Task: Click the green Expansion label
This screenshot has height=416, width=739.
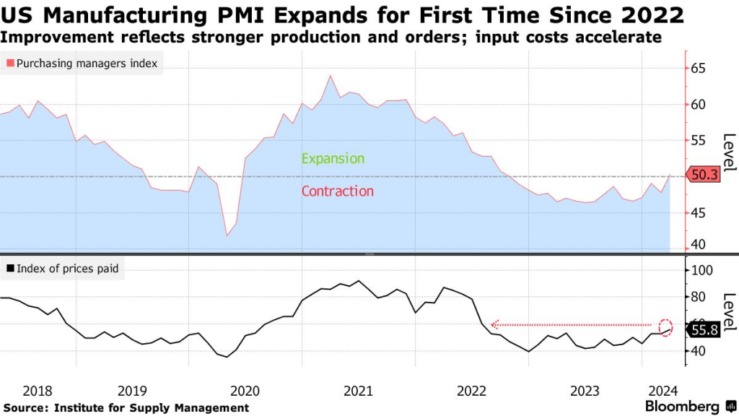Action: point(333,158)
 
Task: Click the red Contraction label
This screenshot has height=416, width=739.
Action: point(337,191)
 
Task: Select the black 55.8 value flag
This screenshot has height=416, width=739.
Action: point(703,329)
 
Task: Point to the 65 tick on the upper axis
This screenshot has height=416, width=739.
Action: point(698,69)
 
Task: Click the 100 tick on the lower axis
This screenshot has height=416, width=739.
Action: point(701,270)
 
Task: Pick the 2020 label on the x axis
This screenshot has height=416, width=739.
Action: point(245,391)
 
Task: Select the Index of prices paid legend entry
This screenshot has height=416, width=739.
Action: point(62,269)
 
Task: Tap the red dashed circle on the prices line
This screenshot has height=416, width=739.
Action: point(666,326)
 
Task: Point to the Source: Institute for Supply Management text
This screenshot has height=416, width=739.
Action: point(126,408)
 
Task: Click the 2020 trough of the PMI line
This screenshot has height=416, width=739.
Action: point(228,235)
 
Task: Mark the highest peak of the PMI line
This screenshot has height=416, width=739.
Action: point(330,75)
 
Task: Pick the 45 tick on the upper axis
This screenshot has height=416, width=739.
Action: point(698,212)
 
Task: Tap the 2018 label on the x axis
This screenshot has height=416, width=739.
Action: point(38,391)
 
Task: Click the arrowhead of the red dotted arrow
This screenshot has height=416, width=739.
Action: point(494,325)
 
